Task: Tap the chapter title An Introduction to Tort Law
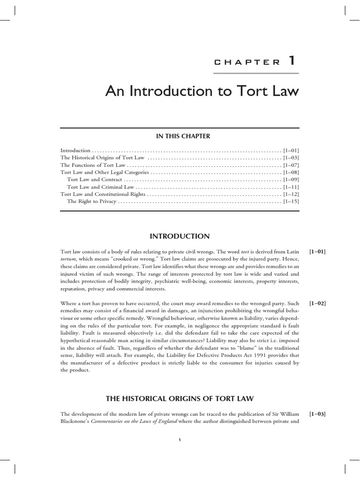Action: (x=202, y=90)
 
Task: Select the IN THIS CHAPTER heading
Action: (x=180, y=136)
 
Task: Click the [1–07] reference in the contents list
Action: (x=291, y=165)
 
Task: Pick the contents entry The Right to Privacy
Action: (x=91, y=202)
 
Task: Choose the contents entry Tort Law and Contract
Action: (x=95, y=180)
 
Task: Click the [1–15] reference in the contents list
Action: (x=291, y=202)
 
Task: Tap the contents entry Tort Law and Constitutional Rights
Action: (x=103, y=194)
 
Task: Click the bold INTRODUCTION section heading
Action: (x=180, y=236)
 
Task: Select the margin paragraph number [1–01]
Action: (x=317, y=252)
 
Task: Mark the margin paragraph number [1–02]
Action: (x=317, y=303)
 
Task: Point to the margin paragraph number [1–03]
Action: (x=317, y=414)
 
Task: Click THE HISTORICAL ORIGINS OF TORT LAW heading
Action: (x=180, y=399)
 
